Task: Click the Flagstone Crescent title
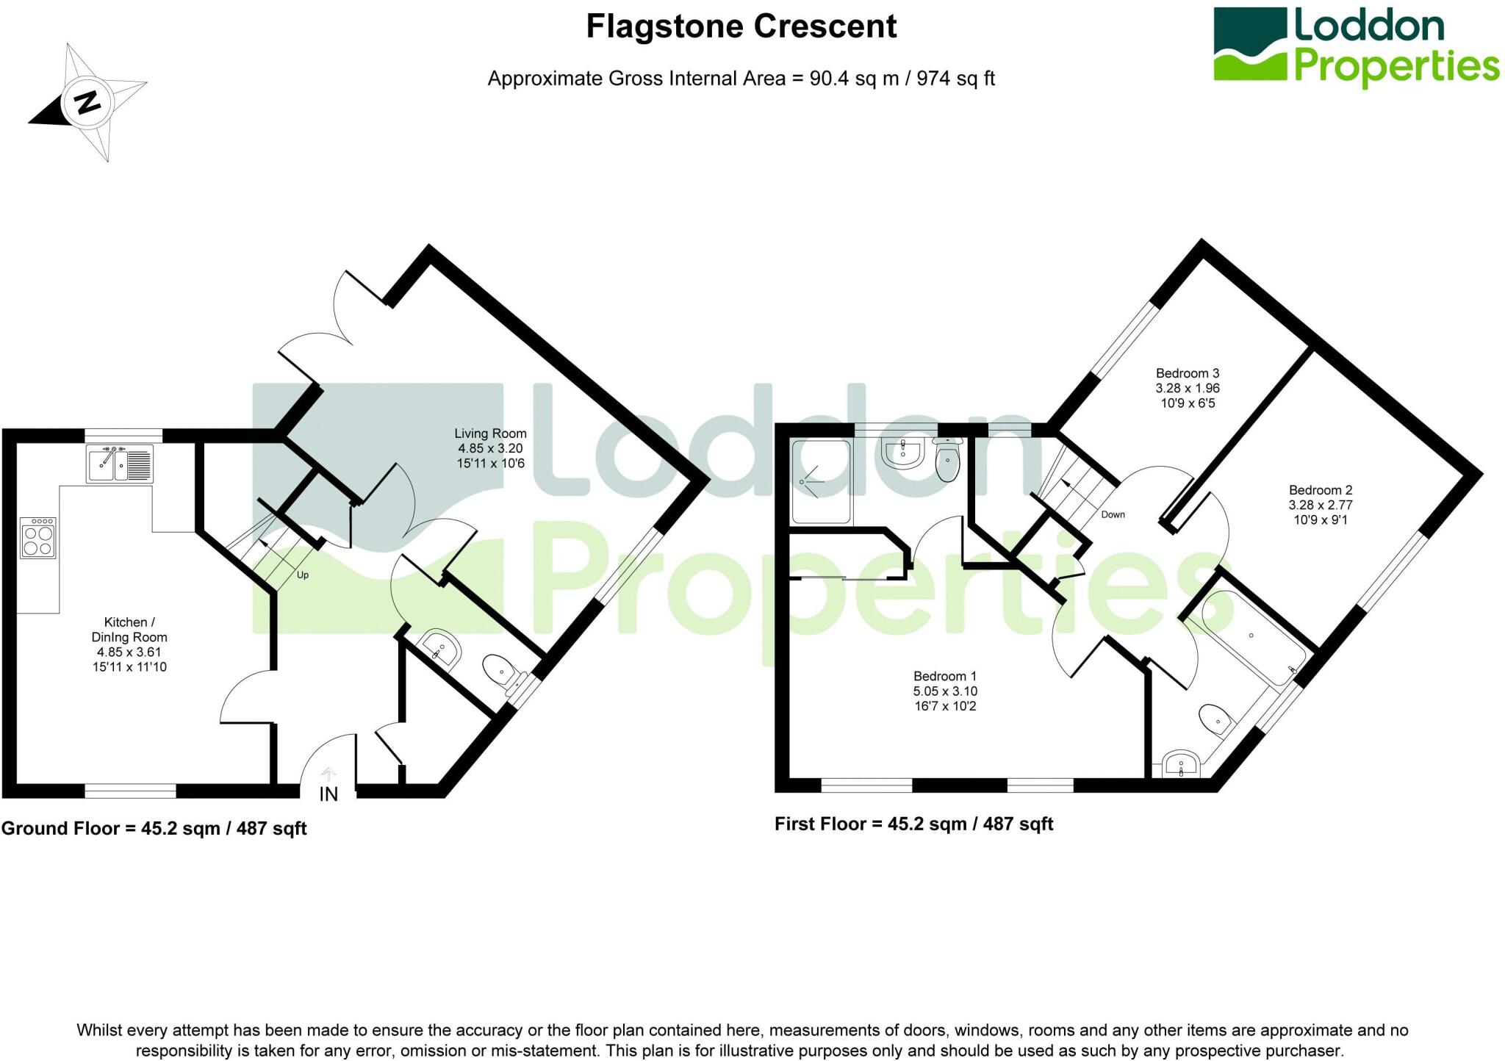click(x=741, y=27)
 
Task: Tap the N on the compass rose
click(x=88, y=101)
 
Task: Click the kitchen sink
click(x=120, y=464)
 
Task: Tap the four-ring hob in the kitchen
click(x=37, y=538)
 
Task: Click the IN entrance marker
click(x=328, y=794)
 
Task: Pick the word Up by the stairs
click(x=303, y=575)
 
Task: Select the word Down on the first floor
click(x=1113, y=514)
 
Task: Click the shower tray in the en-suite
click(x=821, y=481)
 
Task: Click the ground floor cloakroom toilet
click(x=500, y=671)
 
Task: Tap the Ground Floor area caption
click(x=154, y=829)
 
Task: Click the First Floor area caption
click(x=913, y=824)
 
